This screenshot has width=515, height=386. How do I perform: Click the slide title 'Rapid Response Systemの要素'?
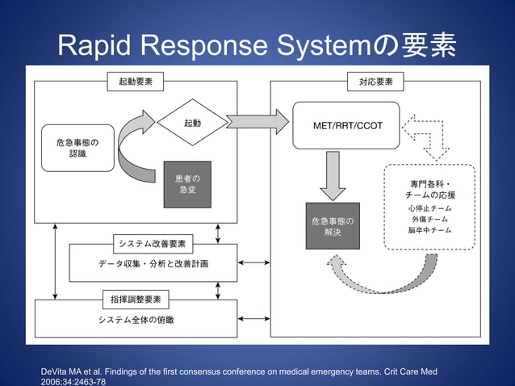(257, 46)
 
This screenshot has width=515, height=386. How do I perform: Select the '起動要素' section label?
(136, 82)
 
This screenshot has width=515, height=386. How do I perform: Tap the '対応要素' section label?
(375, 82)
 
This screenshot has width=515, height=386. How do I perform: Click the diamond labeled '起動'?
(192, 124)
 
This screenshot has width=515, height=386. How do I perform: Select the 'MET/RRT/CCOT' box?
(347, 125)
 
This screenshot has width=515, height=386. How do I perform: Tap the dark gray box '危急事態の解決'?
(333, 226)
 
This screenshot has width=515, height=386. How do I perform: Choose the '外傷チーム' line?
(429, 220)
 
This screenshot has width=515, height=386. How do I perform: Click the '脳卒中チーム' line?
(429, 231)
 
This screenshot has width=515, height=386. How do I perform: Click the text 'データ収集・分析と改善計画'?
(154, 263)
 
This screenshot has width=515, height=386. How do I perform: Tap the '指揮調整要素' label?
(136, 300)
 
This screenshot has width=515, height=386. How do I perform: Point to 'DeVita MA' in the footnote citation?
(67, 371)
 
